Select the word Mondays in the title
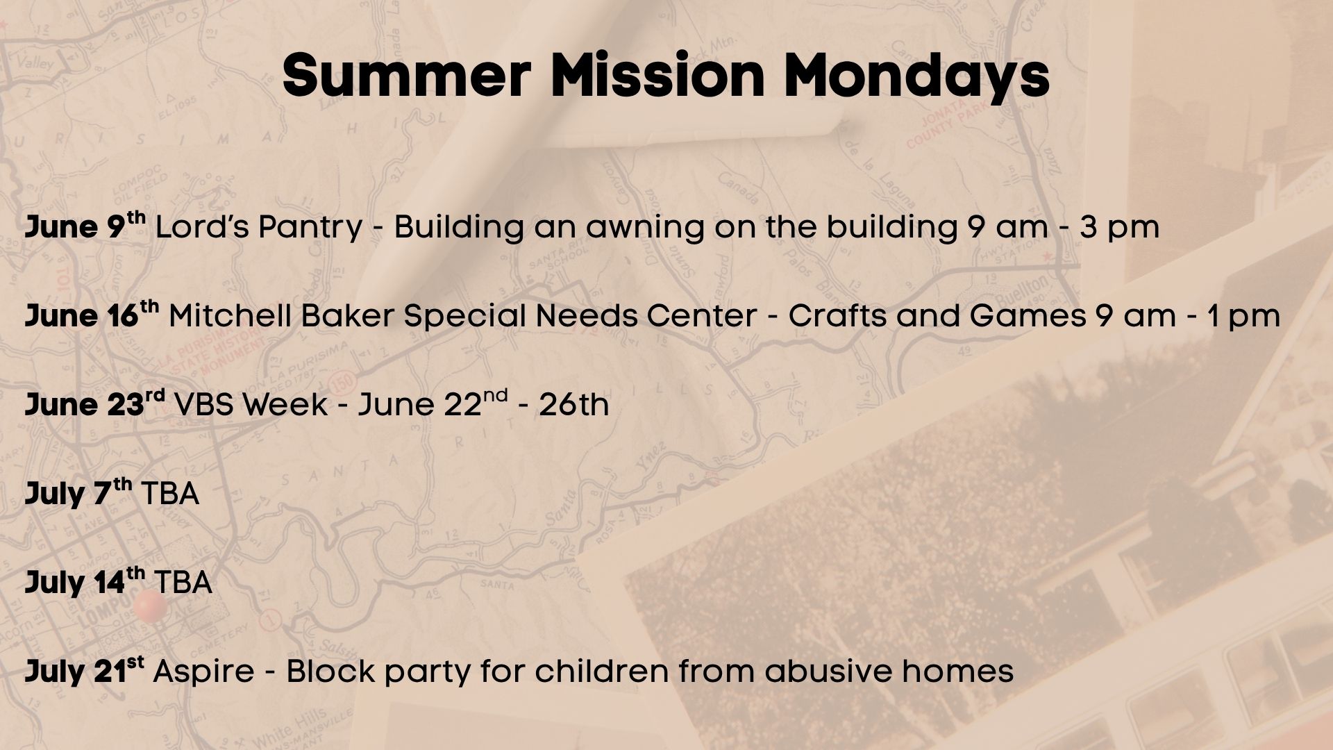[x=916, y=76]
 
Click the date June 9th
[x=85, y=225]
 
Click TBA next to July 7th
[x=170, y=494]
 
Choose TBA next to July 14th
[x=183, y=583]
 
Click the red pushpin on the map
[x=150, y=607]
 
